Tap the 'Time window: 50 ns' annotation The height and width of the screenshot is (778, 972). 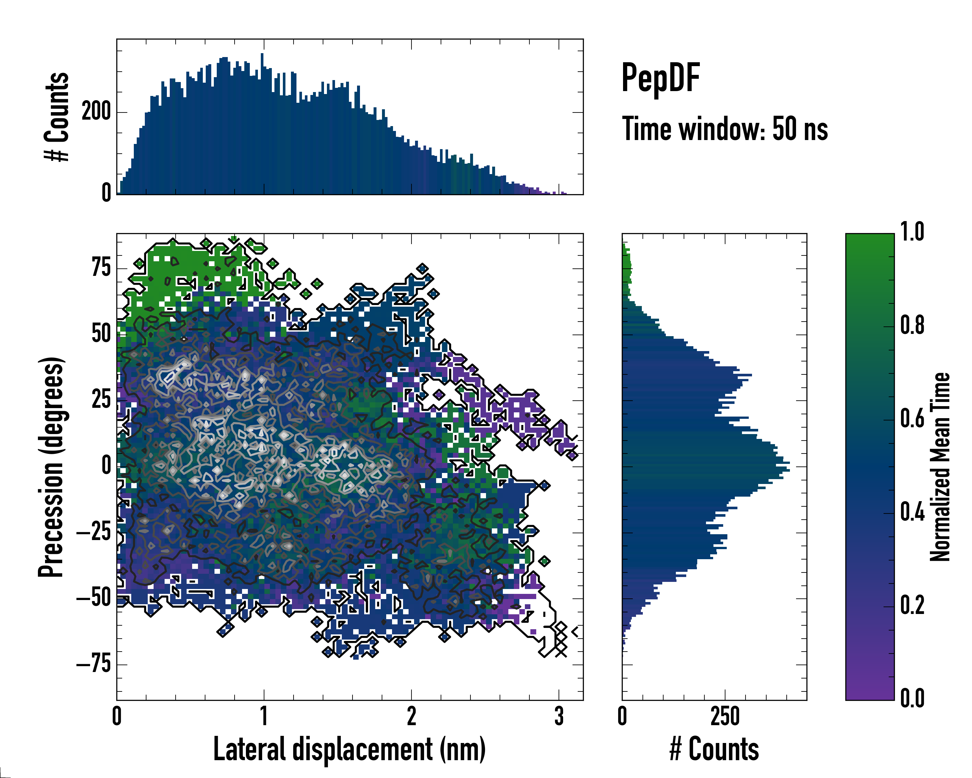pyautogui.click(x=724, y=129)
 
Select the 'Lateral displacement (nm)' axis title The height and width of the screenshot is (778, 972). pyautogui.click(x=349, y=749)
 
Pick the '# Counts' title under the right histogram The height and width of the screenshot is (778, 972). pyautogui.click(x=714, y=749)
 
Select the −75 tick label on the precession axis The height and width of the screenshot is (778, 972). pyautogui.click(x=94, y=664)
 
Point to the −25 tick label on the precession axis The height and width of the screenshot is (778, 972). pyautogui.click(x=94, y=532)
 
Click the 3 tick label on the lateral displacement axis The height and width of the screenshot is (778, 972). pyautogui.click(x=559, y=716)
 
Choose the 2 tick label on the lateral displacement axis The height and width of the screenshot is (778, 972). pyautogui.click(x=411, y=716)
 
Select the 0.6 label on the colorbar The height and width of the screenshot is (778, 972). pyautogui.click(x=912, y=418)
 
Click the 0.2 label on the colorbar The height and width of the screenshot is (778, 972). pyautogui.click(x=912, y=605)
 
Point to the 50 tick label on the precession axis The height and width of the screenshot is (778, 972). pyautogui.click(x=101, y=334)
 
